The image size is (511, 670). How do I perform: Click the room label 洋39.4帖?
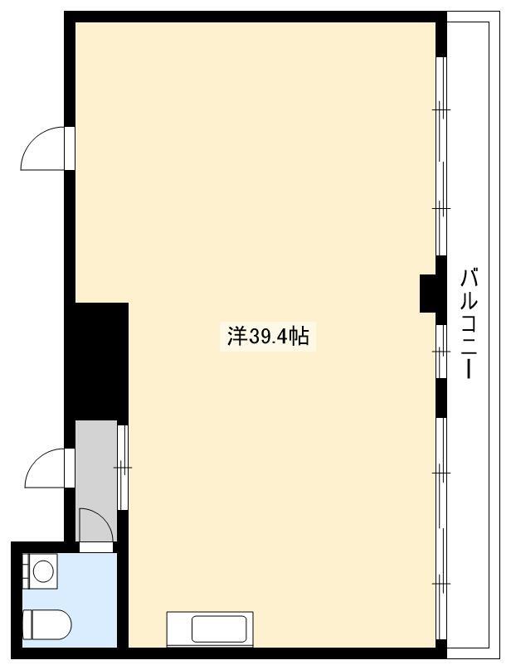(x=268, y=337)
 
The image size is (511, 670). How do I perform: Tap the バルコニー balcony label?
(x=469, y=323)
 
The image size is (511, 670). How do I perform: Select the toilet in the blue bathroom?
(x=47, y=624)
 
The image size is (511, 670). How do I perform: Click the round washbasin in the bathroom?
(x=43, y=570)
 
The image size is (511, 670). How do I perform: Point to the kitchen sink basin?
(x=219, y=629)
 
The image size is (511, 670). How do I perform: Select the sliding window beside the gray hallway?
(x=123, y=467)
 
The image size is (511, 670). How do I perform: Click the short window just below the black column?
(x=440, y=352)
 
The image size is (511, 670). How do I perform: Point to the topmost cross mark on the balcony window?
(x=440, y=109)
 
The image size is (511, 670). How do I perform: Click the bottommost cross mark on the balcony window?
(x=440, y=583)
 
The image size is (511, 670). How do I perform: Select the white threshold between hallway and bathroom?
(x=96, y=547)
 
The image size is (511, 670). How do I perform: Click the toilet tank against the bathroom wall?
(x=27, y=624)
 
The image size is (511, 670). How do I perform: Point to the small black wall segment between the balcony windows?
(x=440, y=397)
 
